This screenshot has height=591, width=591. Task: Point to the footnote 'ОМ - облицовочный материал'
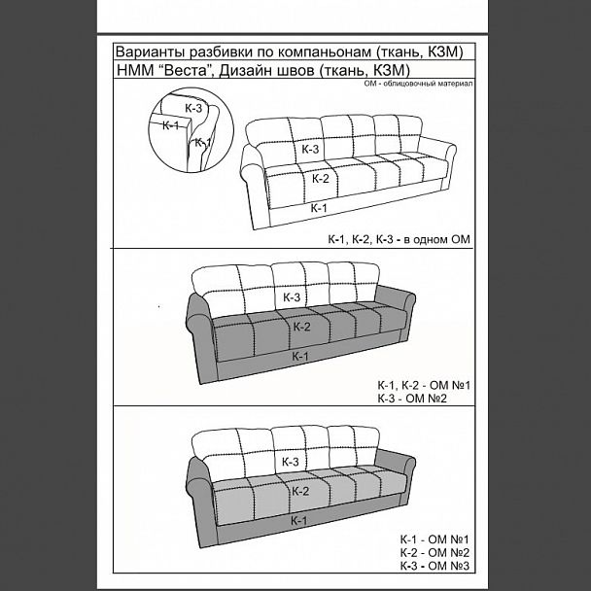pos(418,84)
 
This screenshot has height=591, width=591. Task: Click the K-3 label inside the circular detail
pos(193,108)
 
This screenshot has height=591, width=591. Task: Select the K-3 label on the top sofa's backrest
pos(310,149)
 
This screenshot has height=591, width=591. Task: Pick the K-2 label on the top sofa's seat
pos(321,178)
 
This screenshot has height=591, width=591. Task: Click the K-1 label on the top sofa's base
pos(319,208)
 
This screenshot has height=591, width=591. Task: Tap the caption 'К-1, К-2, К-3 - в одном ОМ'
pos(400,239)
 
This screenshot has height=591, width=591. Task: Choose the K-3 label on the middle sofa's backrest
pos(292,297)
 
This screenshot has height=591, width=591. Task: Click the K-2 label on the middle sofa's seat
pos(302,327)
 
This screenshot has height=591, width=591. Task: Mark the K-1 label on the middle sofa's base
pos(300,356)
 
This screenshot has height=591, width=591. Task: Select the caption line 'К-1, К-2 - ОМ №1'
pos(424,385)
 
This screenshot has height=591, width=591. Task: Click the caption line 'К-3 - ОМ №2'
pos(412,399)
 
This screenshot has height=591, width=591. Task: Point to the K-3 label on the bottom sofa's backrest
pos(291,462)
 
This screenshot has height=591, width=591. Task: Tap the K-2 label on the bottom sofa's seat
pos(300,491)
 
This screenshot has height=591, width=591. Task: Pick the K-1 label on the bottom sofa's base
pos(298,520)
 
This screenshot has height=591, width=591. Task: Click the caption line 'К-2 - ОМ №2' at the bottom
pos(435,552)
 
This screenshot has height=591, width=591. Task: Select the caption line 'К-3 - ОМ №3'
pos(435,566)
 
